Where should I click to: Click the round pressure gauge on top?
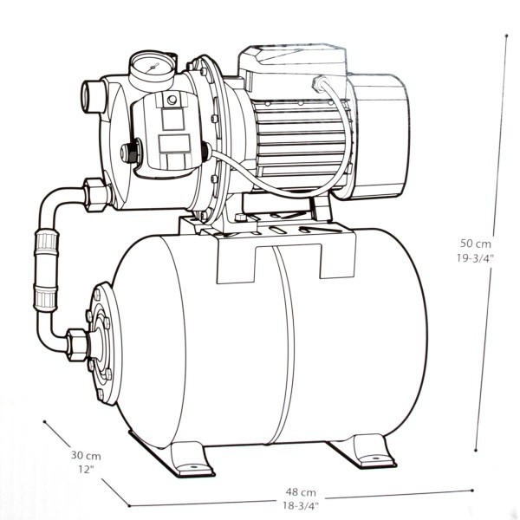153,68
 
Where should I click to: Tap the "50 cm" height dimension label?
475,244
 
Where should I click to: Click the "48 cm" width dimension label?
301,491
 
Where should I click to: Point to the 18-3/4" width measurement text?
301,506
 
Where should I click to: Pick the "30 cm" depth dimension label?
86,455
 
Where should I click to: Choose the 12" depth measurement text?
86,469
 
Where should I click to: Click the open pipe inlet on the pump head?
93,96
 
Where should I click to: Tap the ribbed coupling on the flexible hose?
46,270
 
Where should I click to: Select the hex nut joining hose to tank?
77,345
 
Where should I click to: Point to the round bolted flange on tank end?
103,343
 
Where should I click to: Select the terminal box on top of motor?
292,68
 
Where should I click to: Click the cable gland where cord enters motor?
319,83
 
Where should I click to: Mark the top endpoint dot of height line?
506,36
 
